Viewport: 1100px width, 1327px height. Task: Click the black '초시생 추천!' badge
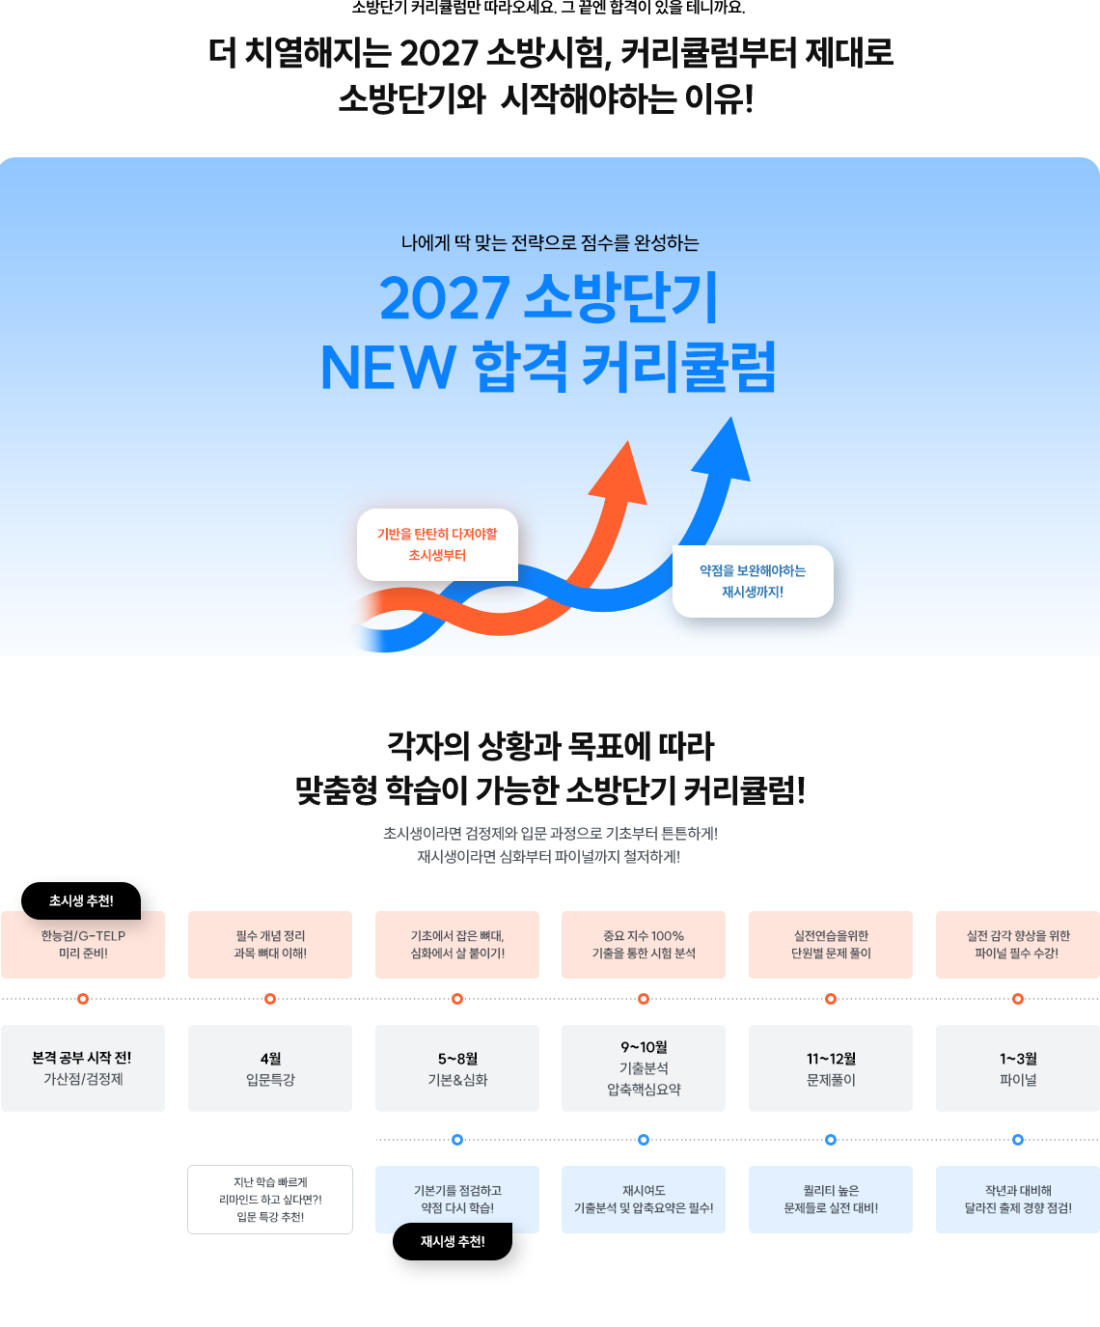(81, 900)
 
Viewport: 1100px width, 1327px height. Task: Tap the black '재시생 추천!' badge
(453, 1241)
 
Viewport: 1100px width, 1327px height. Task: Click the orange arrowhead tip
(628, 441)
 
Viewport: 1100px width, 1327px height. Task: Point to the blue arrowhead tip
(731, 418)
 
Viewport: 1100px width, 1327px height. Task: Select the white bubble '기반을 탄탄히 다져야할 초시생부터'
(437, 544)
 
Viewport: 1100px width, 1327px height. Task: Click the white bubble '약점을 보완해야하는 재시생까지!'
(753, 581)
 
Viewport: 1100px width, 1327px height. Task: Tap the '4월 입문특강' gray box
(270, 1068)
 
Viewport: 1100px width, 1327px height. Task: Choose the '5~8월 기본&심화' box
(457, 1068)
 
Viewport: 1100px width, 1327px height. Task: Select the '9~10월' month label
(644, 1047)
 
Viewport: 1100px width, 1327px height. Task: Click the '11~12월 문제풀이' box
(831, 1068)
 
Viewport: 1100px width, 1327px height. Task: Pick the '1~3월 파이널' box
(1017, 1068)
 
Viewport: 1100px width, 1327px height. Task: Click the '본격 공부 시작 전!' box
(83, 1068)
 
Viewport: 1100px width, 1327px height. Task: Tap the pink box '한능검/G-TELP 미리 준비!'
(83, 945)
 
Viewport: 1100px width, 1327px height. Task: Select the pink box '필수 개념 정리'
(270, 945)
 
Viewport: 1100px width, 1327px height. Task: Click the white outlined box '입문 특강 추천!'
(270, 1200)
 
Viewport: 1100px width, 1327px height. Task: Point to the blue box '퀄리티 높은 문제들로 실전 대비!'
(831, 1200)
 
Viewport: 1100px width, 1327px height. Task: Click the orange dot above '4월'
(270, 999)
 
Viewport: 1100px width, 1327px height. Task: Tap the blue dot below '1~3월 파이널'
(1017, 1140)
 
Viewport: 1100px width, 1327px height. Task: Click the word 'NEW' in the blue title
(388, 368)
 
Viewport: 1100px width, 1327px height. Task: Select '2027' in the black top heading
(439, 53)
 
